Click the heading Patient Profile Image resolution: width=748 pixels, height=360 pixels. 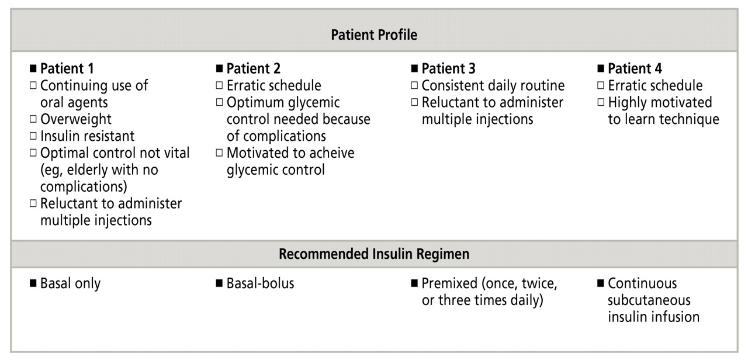(x=374, y=35)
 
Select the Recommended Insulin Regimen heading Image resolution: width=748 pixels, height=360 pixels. (x=374, y=255)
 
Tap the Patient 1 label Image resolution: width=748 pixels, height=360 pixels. (x=67, y=68)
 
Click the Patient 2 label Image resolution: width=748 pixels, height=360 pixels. (x=254, y=68)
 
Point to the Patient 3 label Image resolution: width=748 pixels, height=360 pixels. (x=449, y=68)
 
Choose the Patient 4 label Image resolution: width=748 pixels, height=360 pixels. (x=635, y=68)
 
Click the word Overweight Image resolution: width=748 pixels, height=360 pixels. (x=75, y=119)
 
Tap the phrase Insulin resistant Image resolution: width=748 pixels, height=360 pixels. (x=87, y=136)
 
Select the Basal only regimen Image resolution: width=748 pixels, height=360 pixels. (x=70, y=284)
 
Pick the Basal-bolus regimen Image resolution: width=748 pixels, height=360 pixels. (x=260, y=284)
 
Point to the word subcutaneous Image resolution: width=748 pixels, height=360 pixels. (x=649, y=300)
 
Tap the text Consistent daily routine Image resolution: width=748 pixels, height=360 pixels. (x=493, y=86)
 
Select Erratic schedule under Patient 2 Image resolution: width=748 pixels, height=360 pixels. (x=273, y=86)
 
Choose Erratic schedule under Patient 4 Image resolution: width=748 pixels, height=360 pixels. (x=655, y=86)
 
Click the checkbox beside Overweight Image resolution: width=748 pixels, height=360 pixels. (x=33, y=119)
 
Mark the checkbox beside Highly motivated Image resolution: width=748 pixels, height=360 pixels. (x=601, y=103)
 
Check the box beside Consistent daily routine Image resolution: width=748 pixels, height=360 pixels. (x=414, y=86)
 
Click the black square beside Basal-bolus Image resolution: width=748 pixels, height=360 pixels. (x=219, y=284)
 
